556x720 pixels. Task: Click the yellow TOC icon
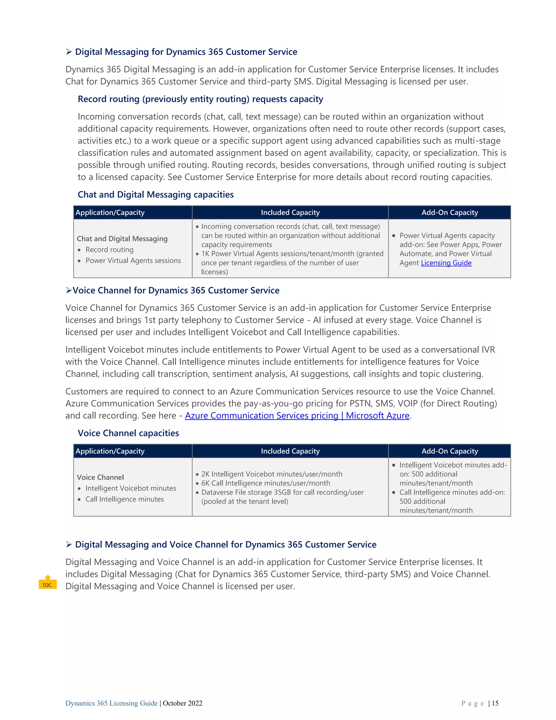click(48, 582)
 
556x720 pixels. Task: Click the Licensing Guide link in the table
click(446, 263)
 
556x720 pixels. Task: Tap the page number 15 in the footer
click(495, 703)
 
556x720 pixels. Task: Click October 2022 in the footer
click(182, 703)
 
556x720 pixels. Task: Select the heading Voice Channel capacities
click(128, 433)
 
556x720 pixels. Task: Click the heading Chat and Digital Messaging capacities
click(156, 195)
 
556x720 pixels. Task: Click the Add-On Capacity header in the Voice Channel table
click(449, 451)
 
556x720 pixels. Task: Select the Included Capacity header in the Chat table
click(290, 213)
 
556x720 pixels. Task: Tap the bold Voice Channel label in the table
click(100, 477)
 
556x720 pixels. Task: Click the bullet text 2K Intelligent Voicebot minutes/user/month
click(271, 474)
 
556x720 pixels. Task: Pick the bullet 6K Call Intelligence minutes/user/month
click(266, 483)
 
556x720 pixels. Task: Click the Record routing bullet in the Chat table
click(109, 250)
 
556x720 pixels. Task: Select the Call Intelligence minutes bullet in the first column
click(125, 499)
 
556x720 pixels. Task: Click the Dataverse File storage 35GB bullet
click(282, 492)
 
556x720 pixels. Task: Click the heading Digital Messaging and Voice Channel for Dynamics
click(225, 544)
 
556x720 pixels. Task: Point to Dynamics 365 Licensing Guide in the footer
click(111, 703)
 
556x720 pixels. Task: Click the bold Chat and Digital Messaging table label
click(122, 239)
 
